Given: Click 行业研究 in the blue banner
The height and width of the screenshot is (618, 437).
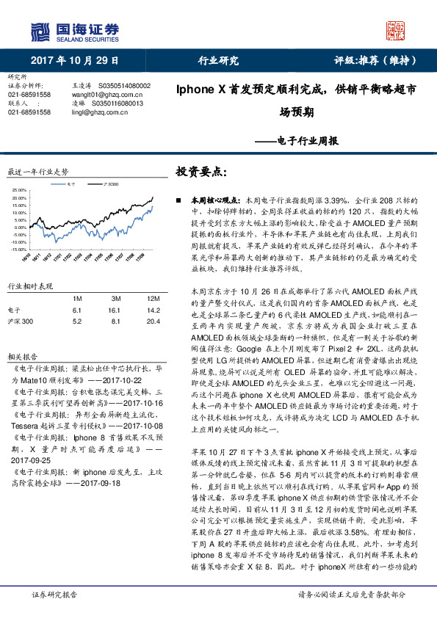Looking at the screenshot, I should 219,60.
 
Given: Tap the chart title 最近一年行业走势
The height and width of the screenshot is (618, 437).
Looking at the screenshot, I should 37,172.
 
